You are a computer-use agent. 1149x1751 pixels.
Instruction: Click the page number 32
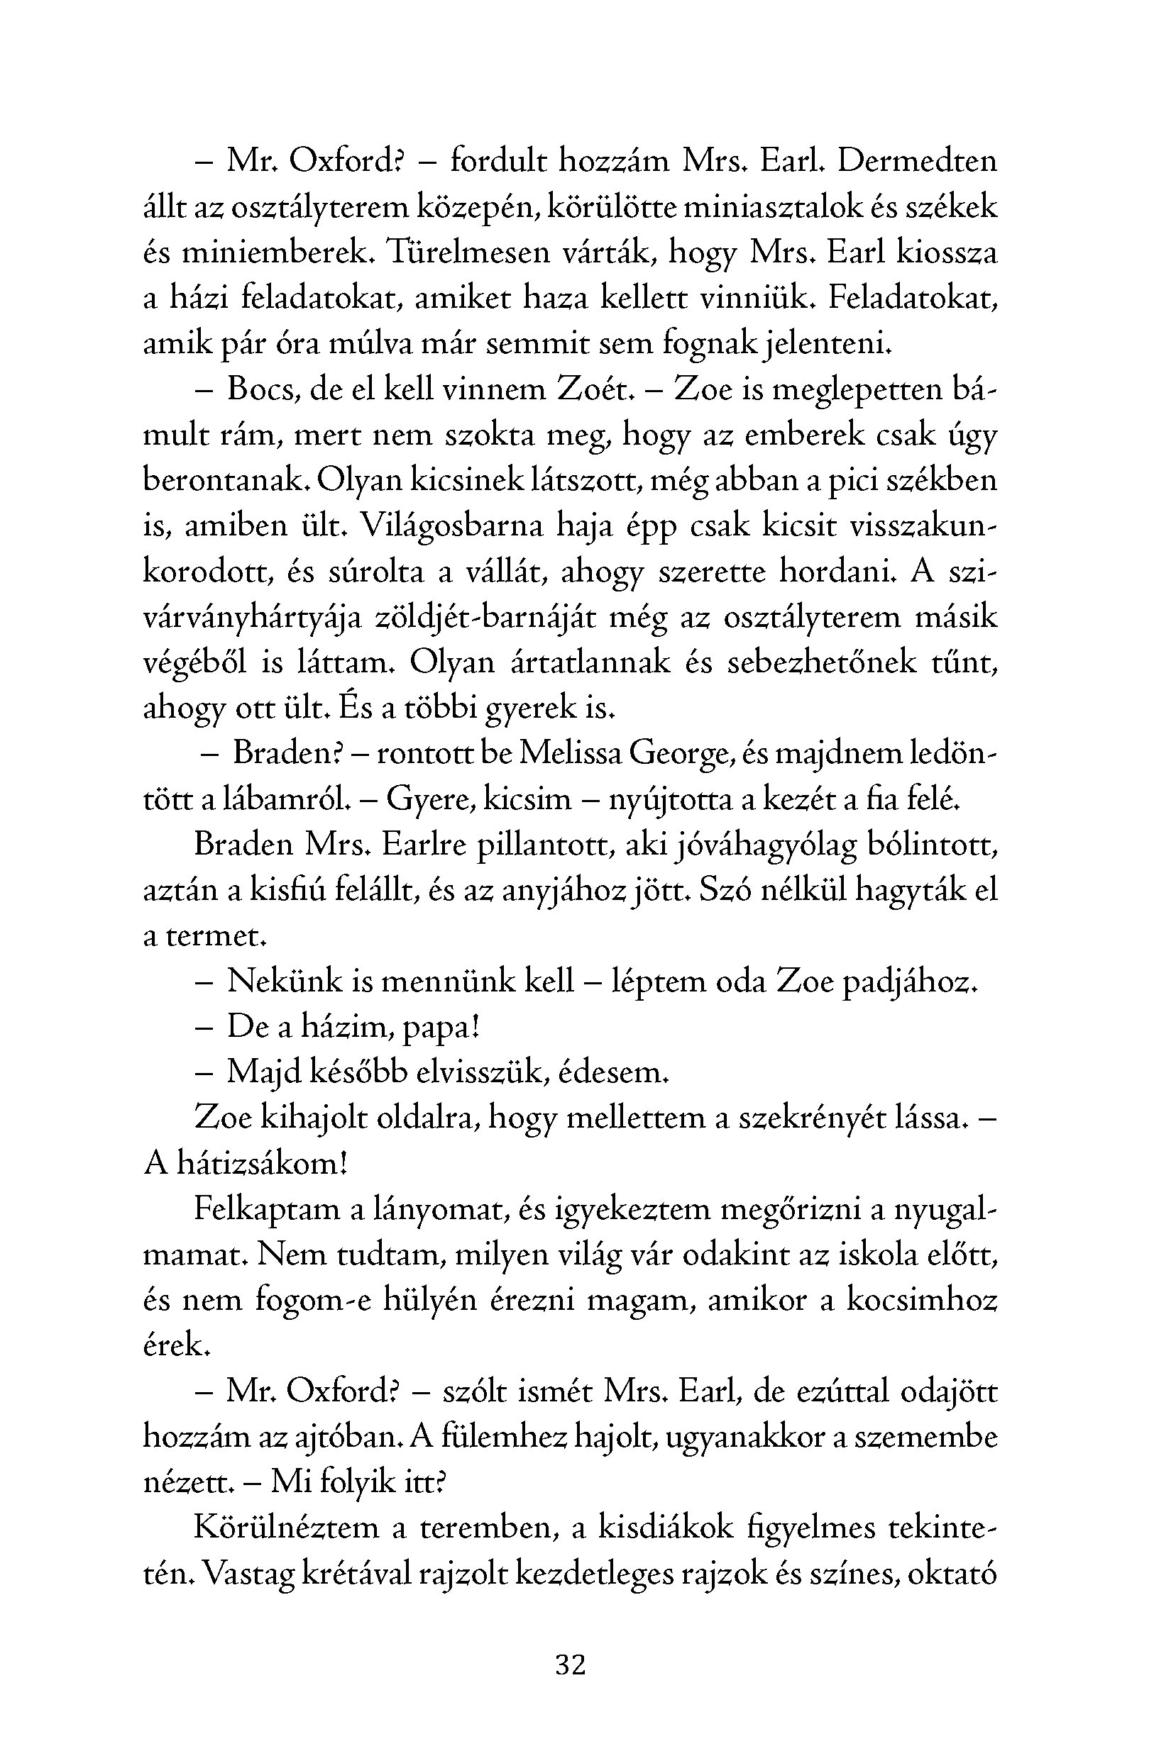(571, 1664)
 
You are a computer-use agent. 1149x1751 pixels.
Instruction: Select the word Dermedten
(917, 161)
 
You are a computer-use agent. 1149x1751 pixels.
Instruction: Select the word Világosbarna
(453, 526)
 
